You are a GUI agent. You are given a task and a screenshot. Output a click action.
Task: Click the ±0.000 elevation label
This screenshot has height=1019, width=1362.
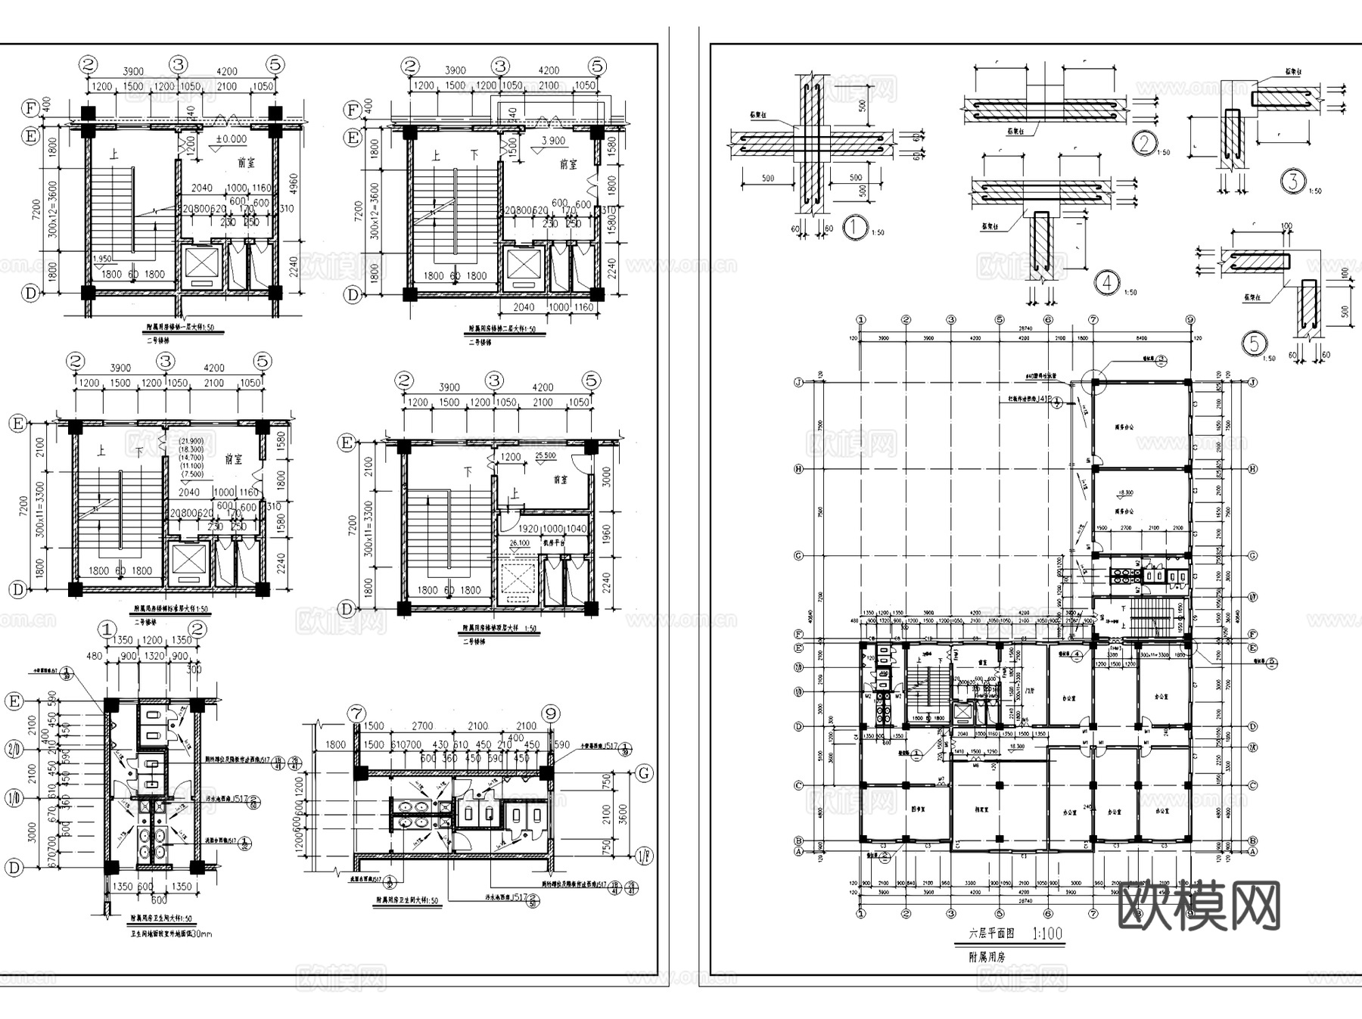pyautogui.click(x=231, y=139)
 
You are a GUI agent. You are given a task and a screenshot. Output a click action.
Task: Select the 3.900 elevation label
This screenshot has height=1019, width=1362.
pyautogui.click(x=553, y=141)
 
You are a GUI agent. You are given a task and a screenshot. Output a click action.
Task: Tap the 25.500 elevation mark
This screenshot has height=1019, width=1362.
pyautogui.click(x=545, y=456)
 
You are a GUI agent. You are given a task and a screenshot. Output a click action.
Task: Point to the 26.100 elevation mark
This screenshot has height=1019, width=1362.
pyautogui.click(x=520, y=543)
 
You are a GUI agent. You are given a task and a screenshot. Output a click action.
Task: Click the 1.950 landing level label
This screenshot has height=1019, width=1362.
pyautogui.click(x=103, y=259)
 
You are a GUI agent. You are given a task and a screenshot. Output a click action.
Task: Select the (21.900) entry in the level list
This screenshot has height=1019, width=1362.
pyautogui.click(x=191, y=441)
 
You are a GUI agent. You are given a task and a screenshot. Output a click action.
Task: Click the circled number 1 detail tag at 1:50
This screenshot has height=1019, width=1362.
pyautogui.click(x=855, y=227)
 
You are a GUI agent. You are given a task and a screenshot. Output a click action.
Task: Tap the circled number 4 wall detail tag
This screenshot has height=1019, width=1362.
pyautogui.click(x=1107, y=283)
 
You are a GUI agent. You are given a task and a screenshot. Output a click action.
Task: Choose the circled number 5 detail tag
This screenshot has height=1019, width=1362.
pyautogui.click(x=1255, y=344)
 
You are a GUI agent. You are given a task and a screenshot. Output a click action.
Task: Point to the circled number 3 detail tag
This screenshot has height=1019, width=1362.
pyautogui.click(x=1293, y=181)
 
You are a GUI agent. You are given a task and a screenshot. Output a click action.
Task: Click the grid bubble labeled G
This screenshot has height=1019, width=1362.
pyautogui.click(x=645, y=773)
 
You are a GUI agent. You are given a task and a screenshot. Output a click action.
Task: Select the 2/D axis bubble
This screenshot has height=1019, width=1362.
pyautogui.click(x=13, y=749)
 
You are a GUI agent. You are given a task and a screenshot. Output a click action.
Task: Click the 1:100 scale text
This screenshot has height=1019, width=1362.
pyautogui.click(x=1047, y=934)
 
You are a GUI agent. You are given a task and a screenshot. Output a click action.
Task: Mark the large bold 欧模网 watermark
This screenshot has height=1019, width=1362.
pyautogui.click(x=1198, y=906)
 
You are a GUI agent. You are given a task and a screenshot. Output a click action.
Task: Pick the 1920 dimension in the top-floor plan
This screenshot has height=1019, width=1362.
pyautogui.click(x=529, y=530)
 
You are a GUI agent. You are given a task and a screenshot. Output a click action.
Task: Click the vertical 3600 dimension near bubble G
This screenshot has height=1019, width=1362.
pyautogui.click(x=623, y=814)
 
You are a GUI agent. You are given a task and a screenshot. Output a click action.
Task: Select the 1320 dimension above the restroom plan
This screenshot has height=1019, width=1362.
pyautogui.click(x=154, y=656)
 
